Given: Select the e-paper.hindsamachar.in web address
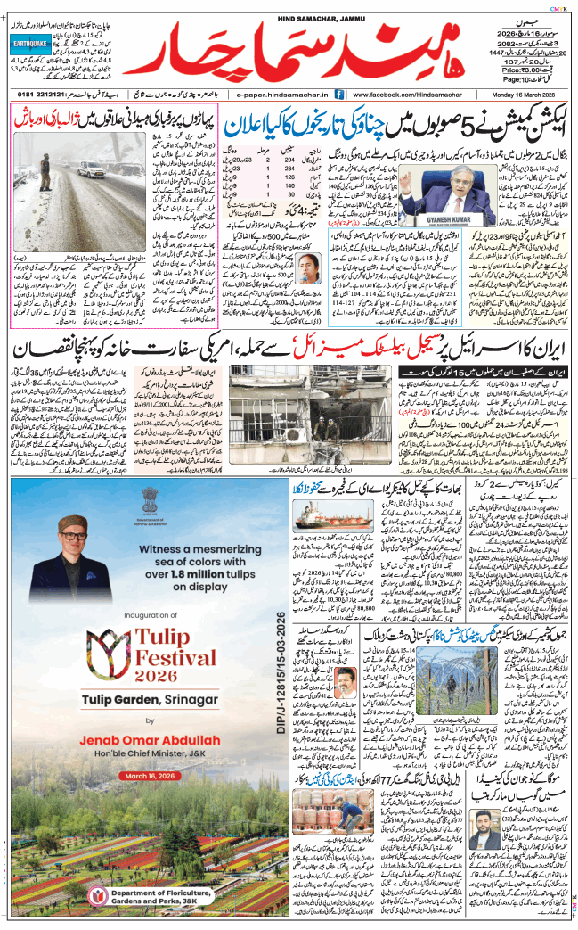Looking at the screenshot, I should pos(279,94).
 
